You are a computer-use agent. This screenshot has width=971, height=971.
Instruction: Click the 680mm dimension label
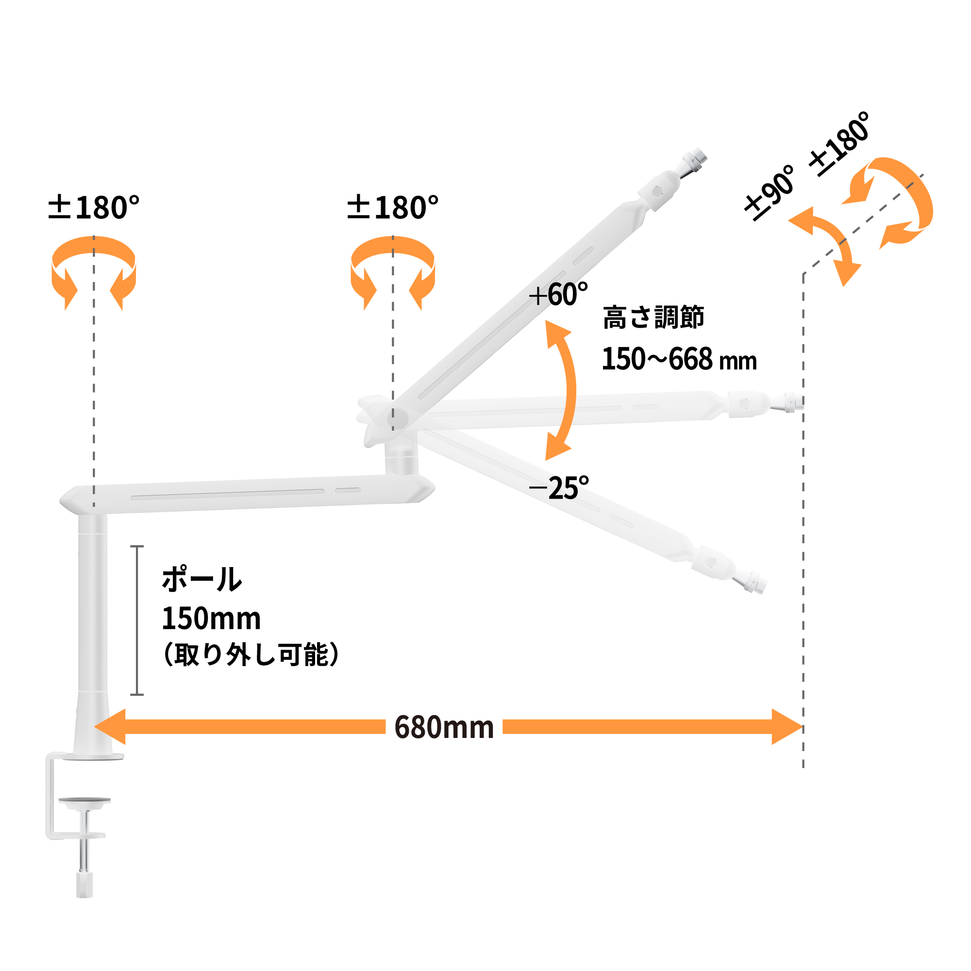coord(444,727)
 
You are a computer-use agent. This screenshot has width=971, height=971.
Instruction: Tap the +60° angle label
coord(558,295)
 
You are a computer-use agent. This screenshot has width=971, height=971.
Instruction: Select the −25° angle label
coord(559,487)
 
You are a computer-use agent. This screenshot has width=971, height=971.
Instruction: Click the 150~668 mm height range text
coord(679,359)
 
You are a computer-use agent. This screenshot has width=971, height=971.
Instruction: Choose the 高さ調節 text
coord(653,318)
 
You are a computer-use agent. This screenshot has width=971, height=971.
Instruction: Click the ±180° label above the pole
coord(94,208)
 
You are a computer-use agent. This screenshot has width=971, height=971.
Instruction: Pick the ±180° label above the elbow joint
coord(392,208)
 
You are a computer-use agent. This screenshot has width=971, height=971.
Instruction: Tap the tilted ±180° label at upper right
coord(840,144)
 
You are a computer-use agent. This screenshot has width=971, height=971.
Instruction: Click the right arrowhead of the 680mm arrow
coord(787,727)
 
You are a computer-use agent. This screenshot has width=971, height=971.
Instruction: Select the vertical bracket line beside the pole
coord(137,620)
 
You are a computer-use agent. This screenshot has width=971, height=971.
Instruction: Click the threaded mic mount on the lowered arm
coord(753,582)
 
